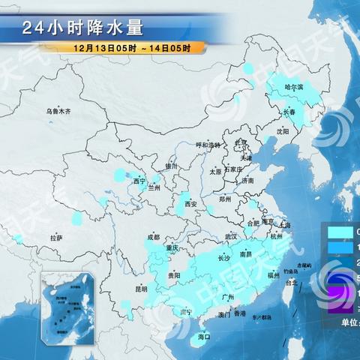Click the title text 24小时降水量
(82, 28)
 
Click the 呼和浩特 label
(208, 145)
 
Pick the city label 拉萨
(56, 238)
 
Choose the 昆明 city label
(141, 288)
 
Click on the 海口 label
(203, 337)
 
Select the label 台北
(292, 283)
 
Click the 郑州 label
(224, 199)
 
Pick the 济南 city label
(247, 181)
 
